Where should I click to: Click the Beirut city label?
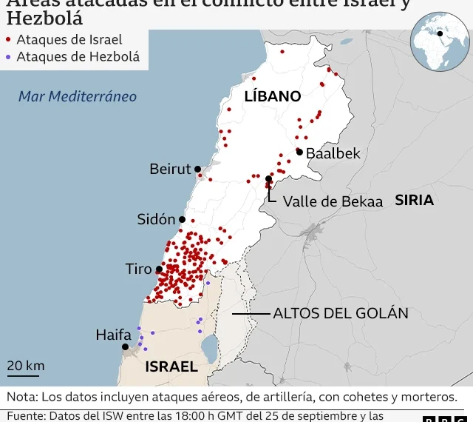[x=170, y=170]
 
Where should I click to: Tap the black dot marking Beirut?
[x=198, y=170]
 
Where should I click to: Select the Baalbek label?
[x=333, y=153]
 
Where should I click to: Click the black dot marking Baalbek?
[x=299, y=152]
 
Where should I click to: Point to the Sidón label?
[x=157, y=219]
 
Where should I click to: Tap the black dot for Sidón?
[x=182, y=219]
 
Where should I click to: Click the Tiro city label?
[x=138, y=269]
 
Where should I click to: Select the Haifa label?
[x=113, y=335]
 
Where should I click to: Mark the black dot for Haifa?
[x=126, y=346]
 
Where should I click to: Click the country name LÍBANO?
[x=273, y=96]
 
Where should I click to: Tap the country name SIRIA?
[x=414, y=200]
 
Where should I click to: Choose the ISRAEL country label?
[x=171, y=366]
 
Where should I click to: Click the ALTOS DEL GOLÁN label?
[x=341, y=313]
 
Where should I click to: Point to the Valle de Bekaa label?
[x=333, y=201]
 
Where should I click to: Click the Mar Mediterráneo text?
[x=78, y=96]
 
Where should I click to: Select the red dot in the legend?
[x=8, y=40]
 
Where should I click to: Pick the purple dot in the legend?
[x=8, y=56]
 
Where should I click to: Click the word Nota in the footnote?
[x=22, y=396]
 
